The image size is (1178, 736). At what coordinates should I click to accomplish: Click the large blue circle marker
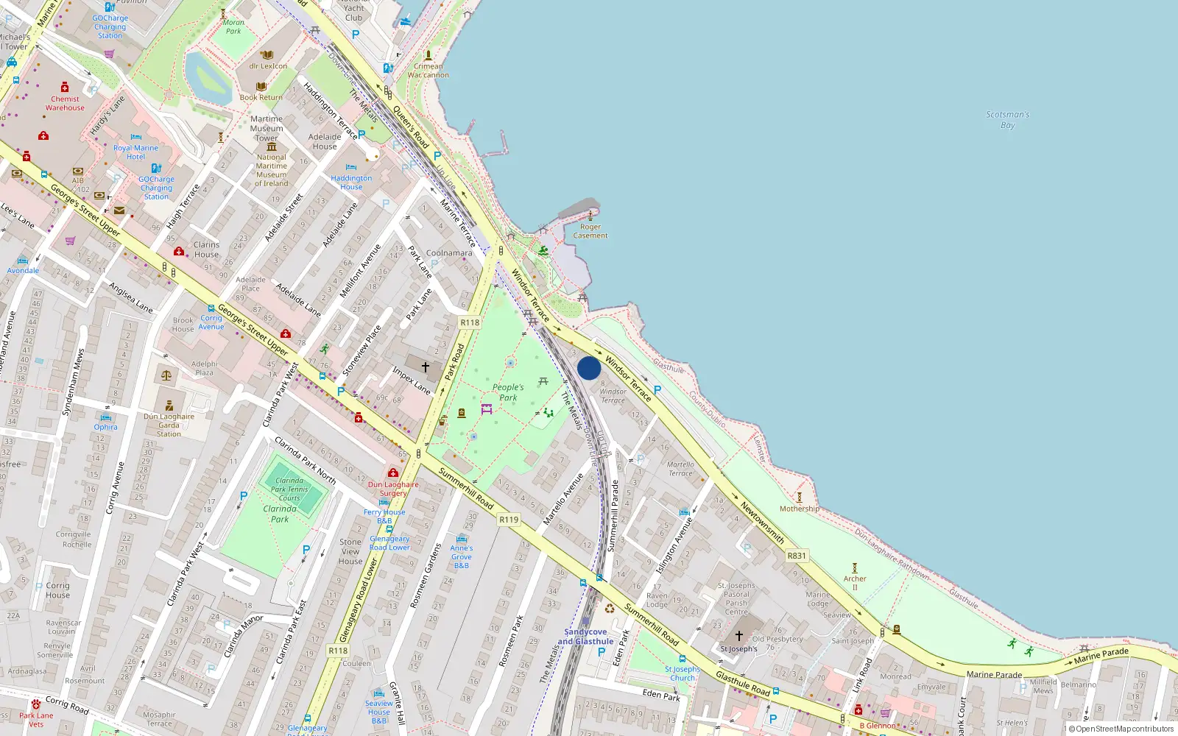[589, 368]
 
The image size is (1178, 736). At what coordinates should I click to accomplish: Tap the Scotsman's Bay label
[1007, 120]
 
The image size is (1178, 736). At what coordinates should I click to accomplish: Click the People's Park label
[508, 392]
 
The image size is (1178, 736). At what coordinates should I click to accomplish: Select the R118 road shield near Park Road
[470, 322]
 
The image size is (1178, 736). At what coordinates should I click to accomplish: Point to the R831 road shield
[797, 556]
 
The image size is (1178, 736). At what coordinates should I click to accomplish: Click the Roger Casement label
[590, 231]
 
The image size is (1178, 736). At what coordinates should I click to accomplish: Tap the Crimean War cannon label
[428, 71]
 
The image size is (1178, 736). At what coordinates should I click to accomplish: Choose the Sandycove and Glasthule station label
[585, 637]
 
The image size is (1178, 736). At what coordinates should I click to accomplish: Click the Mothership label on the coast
[799, 509]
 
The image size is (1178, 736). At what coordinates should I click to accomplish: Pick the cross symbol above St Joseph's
[739, 636]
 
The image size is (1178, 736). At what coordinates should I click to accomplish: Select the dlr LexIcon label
[268, 66]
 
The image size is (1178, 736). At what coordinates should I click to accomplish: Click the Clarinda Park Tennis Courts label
[289, 489]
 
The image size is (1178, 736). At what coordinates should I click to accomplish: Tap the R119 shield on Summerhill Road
[509, 520]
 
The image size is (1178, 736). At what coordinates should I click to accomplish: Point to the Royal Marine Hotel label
[135, 152]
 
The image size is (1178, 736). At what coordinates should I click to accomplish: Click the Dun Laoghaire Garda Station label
[169, 425]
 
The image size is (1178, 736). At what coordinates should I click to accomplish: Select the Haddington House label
[351, 183]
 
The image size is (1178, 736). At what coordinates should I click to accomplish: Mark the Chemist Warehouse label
[65, 103]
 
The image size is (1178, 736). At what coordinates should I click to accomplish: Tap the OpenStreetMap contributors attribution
[1121, 729]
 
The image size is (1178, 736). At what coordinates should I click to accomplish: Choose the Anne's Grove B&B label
[462, 556]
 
